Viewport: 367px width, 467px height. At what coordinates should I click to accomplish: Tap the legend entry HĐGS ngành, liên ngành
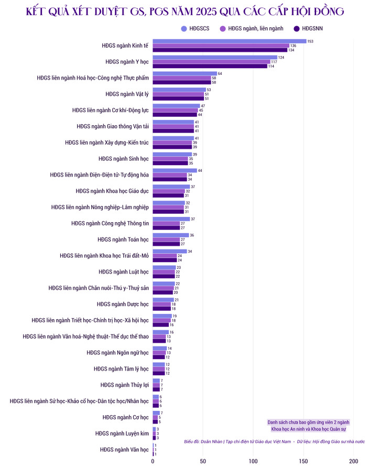[252, 28]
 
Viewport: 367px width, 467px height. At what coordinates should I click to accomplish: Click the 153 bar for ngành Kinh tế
[230, 41]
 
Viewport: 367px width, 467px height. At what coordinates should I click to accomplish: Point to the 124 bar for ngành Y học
[215, 58]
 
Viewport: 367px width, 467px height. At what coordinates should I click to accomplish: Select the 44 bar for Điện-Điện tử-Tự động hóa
[175, 171]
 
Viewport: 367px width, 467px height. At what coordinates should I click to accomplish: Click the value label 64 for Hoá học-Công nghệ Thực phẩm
[220, 74]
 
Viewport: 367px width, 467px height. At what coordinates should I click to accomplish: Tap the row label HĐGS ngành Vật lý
[127, 94]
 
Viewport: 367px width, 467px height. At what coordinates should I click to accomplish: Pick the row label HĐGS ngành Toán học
[123, 240]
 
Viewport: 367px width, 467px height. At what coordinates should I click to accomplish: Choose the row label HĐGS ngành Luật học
[124, 272]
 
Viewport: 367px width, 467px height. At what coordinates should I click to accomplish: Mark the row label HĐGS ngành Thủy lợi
[124, 385]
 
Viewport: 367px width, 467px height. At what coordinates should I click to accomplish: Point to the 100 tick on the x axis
[253, 462]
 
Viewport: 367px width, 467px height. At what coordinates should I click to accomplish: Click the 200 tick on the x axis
[353, 462]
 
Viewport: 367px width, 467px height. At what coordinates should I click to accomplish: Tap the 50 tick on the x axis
[203, 462]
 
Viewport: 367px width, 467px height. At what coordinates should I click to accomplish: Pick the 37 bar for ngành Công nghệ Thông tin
[171, 219]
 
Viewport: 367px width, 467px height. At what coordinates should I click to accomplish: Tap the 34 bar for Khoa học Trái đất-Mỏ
[170, 252]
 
